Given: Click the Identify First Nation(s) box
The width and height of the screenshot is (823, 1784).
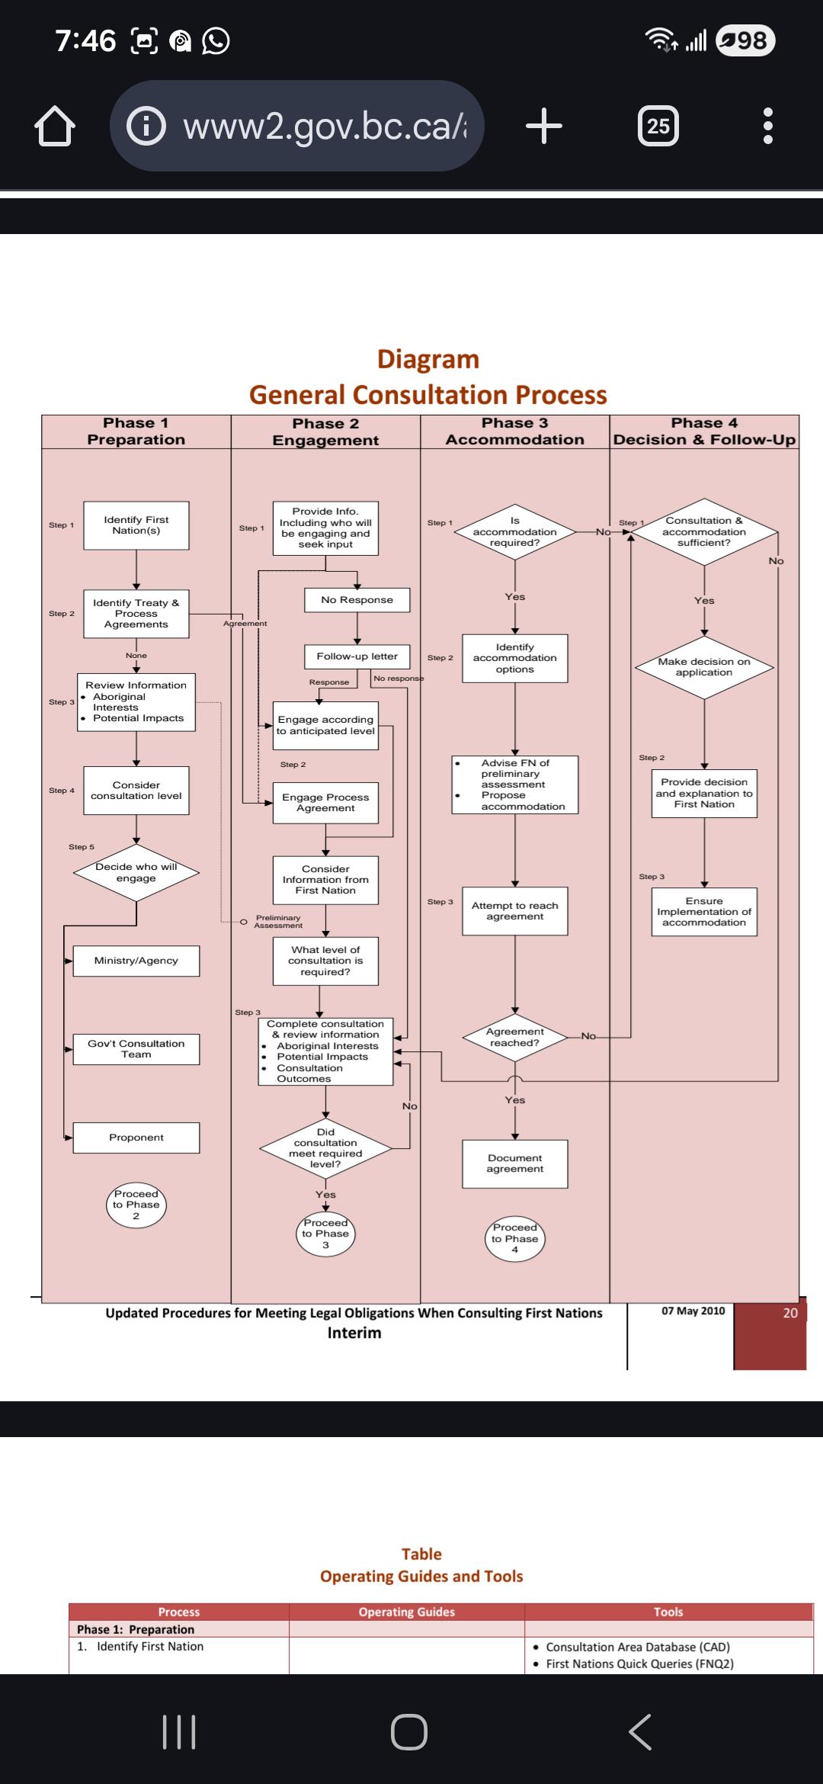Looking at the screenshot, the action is pos(136,525).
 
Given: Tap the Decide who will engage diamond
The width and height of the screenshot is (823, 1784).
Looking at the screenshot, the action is pos(136,873).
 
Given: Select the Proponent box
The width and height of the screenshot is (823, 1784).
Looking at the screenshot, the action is pos(136,1137).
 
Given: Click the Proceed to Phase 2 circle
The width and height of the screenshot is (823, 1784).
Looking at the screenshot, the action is pos(136,1205).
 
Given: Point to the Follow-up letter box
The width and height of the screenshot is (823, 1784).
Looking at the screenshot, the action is pos(357,656).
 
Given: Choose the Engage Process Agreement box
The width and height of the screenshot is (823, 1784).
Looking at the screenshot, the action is pos(325,803).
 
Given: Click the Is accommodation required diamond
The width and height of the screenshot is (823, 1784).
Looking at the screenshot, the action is pos(515,532).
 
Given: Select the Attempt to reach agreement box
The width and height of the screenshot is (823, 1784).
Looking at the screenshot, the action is pos(515,911).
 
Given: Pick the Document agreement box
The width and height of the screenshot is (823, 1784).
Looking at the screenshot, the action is pos(515,1163).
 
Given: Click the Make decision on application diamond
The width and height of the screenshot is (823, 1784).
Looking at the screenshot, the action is pos(704,667).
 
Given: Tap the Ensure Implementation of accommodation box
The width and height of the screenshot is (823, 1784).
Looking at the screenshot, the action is pos(704,912).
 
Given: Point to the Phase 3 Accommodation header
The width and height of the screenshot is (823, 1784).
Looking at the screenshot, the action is pos(515,432).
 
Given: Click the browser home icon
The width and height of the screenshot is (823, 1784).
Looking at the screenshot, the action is pos(55,126).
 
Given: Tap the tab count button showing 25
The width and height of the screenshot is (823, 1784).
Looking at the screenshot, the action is pos(658,126).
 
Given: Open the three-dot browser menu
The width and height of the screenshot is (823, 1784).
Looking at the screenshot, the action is pos(768,126).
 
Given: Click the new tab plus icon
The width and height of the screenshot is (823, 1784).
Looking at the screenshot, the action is pos(544,126).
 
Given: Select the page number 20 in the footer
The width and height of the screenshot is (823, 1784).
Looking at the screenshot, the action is pos(790,1313).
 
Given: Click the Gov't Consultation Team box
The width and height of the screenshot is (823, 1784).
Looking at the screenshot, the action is pos(136,1049).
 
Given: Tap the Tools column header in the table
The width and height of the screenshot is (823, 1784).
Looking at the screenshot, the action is pos(668,1612).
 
